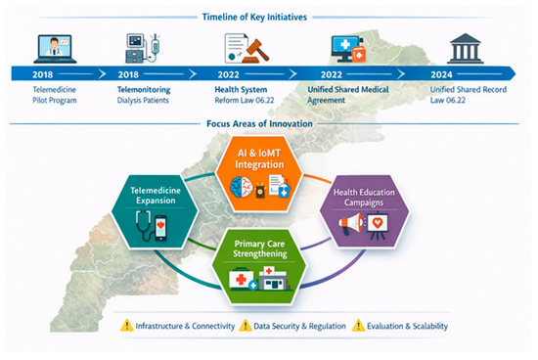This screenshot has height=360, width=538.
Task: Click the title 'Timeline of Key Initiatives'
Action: coord(254,17)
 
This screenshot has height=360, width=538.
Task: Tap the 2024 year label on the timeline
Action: coord(441,74)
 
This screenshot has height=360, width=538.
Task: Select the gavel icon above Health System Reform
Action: coord(255,51)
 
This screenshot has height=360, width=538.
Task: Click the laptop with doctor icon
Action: coord(55,49)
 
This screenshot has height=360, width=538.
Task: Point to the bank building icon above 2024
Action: coord(465,48)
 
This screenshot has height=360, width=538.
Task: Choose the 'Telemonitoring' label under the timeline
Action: coord(144,90)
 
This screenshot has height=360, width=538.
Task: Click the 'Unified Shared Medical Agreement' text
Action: coord(348,95)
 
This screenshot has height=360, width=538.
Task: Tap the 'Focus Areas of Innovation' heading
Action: coord(259,123)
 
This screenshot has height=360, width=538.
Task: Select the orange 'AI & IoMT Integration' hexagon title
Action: coord(259,158)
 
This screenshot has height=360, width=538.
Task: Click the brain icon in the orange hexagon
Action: coord(242,188)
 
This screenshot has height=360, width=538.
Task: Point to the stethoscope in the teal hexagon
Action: coord(145,225)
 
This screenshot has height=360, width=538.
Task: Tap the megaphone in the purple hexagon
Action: coord(350,223)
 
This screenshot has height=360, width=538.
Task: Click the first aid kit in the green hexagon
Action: coord(243,279)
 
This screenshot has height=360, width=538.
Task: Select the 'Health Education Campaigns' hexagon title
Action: coord(364,198)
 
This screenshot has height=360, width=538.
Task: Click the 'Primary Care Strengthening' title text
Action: coord(260,248)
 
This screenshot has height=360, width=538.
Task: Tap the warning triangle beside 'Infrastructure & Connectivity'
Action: coord(126,325)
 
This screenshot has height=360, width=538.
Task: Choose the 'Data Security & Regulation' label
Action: coord(299,326)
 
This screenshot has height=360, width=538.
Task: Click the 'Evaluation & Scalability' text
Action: coord(407,326)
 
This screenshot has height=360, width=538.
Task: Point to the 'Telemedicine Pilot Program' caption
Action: coord(55,95)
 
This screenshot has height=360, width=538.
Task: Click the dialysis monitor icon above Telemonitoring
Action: coord(143,48)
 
